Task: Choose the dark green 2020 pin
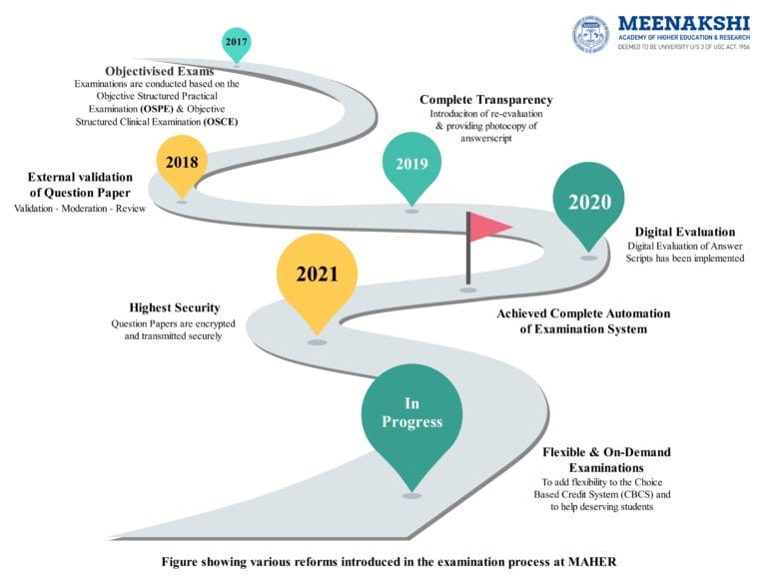589,203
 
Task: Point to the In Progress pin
411,413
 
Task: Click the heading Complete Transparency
486,100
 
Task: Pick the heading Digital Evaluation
682,232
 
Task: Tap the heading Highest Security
175,307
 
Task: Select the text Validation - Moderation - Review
80,208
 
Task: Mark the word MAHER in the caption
591,562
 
